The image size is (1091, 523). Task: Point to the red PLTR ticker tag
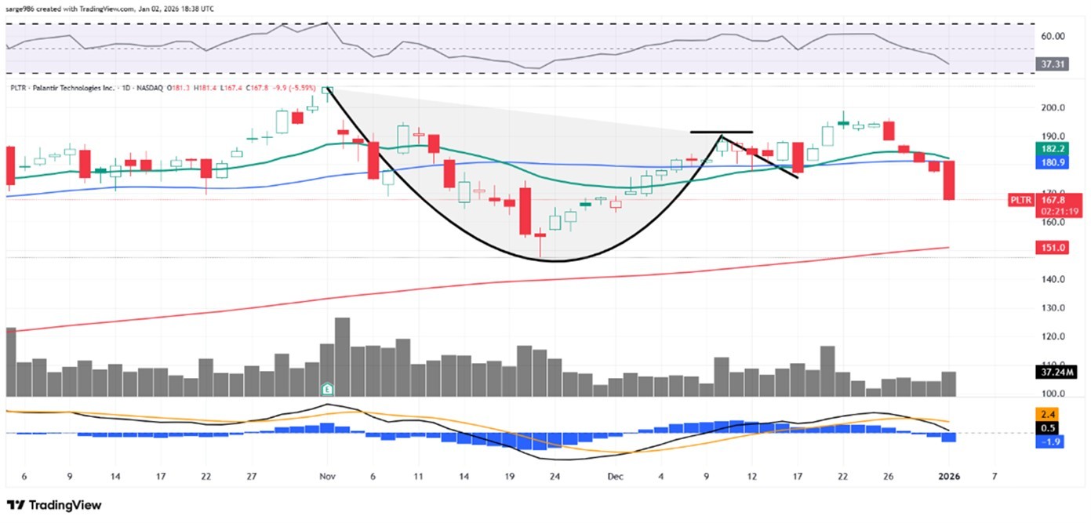(x=1020, y=201)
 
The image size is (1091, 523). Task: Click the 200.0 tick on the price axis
(x=1051, y=107)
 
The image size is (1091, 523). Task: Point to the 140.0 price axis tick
(x=1051, y=279)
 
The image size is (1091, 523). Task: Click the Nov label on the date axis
(x=327, y=476)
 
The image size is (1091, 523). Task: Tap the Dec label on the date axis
(x=616, y=476)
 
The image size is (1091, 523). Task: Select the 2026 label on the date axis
(x=950, y=476)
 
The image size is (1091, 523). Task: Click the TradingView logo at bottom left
(x=54, y=506)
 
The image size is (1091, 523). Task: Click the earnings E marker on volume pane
(x=327, y=388)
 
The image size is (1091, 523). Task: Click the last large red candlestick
(x=949, y=180)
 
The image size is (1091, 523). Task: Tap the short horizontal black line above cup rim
(x=722, y=132)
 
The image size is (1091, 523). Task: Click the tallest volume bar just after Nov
(x=342, y=357)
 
